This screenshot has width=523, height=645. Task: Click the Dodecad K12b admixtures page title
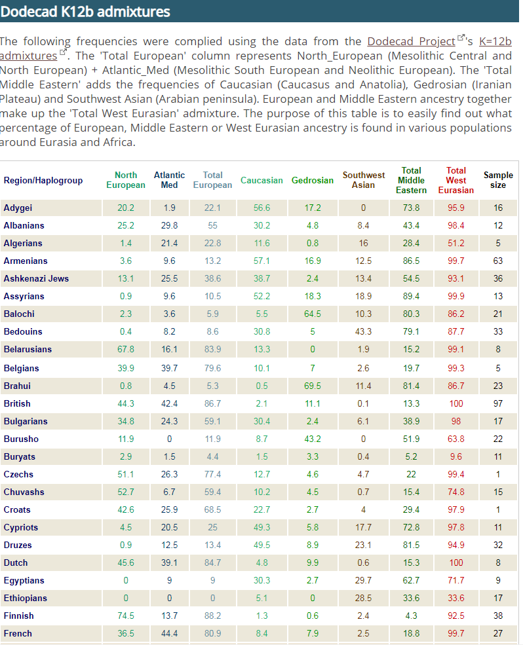click(x=85, y=12)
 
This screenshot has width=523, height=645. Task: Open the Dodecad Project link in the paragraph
click(x=411, y=41)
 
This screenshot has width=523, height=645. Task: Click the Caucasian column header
click(x=261, y=180)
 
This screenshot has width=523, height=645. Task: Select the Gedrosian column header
click(x=312, y=180)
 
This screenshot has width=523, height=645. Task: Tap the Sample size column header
click(x=498, y=180)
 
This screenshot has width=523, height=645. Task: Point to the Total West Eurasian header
click(x=456, y=180)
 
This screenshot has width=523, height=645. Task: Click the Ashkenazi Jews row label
click(x=36, y=278)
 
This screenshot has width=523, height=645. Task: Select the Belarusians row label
click(x=28, y=349)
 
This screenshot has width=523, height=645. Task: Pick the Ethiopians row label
click(x=25, y=598)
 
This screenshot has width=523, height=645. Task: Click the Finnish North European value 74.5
click(x=126, y=616)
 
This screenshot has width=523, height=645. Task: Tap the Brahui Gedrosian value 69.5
click(x=313, y=386)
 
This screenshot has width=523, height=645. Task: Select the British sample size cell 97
click(x=498, y=403)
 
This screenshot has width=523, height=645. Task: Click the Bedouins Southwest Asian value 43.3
click(x=363, y=331)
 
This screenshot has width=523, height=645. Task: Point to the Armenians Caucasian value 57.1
click(x=261, y=261)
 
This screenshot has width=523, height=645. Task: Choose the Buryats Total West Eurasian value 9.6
click(x=456, y=456)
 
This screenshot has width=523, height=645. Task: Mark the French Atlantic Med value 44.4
click(x=169, y=633)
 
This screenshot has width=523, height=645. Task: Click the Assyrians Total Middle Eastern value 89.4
click(x=411, y=296)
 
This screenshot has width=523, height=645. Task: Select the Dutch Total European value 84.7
click(x=212, y=562)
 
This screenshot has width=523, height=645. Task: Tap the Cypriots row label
click(x=20, y=527)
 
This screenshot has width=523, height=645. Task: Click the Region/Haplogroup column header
click(x=43, y=180)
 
